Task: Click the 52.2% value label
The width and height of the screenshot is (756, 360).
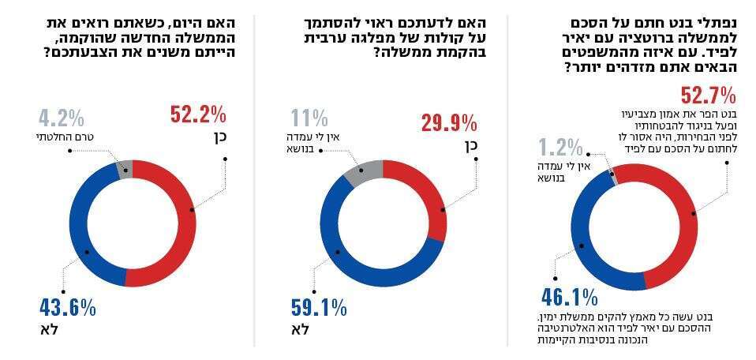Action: tap(198, 115)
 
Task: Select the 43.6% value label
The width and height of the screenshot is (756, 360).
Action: tap(67, 307)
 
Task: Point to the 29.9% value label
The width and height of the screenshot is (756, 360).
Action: tap(448, 123)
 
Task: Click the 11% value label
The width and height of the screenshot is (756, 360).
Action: tap(310, 119)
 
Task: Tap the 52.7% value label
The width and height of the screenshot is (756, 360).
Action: tap(709, 96)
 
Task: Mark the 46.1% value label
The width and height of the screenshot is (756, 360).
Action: tap(569, 297)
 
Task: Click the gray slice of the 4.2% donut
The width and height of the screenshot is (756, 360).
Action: tap(124, 167)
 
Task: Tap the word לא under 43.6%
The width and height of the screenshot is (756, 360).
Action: tap(47, 327)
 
